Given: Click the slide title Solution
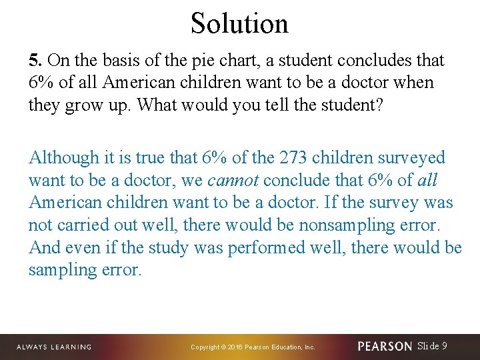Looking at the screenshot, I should (239, 23).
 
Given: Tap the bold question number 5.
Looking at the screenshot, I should (35, 61).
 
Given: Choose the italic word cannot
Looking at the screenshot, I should (233, 181).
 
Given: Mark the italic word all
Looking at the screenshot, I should (427, 181).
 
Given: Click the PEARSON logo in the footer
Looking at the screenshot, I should (385, 347).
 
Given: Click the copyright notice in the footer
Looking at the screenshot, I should (253, 347).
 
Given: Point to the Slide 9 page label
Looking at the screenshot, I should (432, 346).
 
